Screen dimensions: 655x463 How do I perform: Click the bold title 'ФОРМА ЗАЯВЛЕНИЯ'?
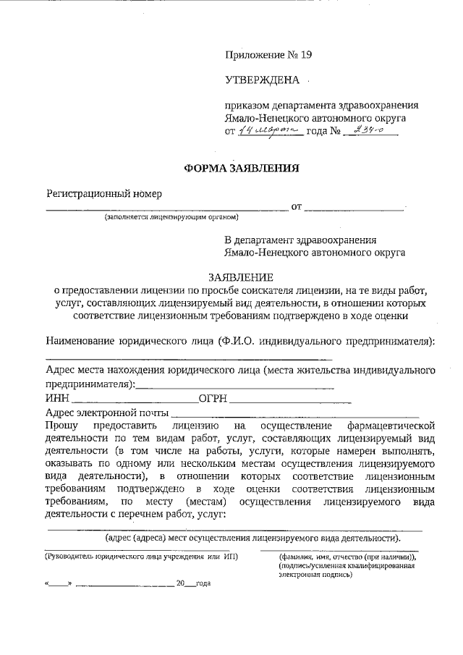pyautogui.click(x=241, y=169)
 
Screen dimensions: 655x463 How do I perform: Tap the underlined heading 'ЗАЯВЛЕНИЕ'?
pyautogui.click(x=240, y=276)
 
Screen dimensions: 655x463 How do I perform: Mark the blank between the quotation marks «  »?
pyautogui.click(x=59, y=583)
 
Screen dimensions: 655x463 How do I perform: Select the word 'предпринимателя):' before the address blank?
pyautogui.click(x=90, y=384)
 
